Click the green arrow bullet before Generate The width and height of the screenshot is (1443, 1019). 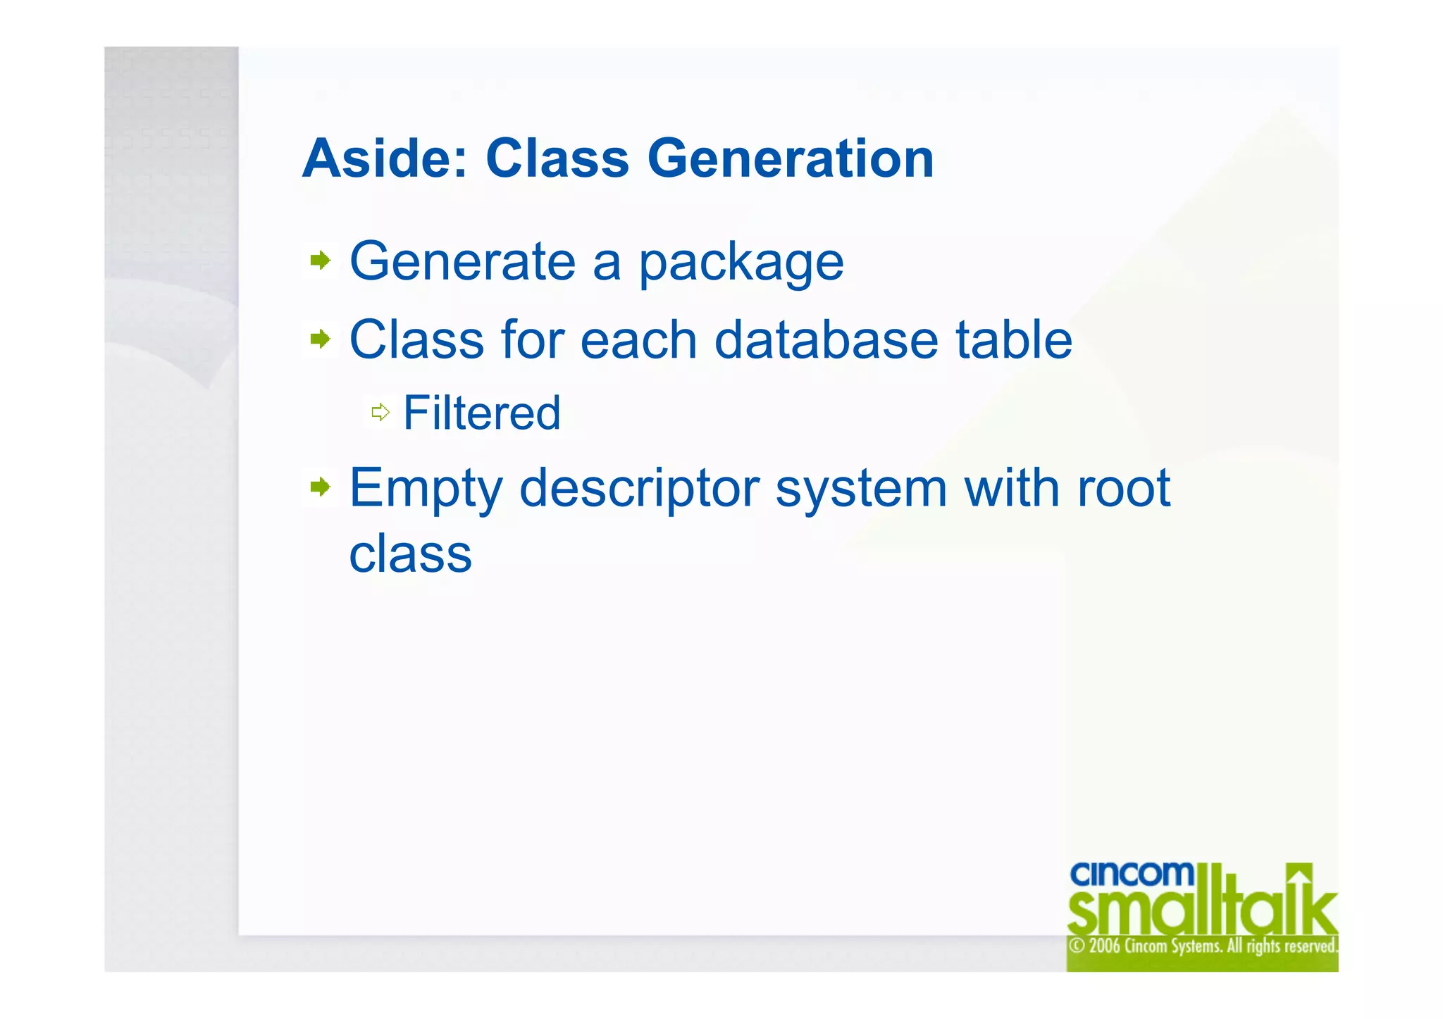321,261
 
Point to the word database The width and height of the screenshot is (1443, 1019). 826,340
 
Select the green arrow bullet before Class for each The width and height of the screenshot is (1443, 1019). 321,339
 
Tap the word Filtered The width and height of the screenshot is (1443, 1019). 482,413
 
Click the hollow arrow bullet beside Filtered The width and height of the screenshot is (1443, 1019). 380,412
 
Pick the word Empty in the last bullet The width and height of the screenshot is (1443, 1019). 426,489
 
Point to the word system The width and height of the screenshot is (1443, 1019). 861,489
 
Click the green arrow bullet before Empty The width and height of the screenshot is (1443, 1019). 321,487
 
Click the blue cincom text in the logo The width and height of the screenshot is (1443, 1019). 1132,874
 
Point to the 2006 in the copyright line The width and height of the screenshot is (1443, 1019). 1104,946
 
